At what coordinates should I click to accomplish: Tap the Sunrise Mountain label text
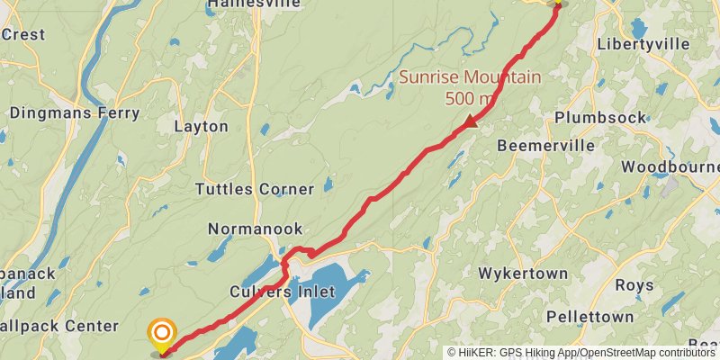click(x=470, y=76)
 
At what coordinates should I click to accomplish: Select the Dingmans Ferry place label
click(x=75, y=113)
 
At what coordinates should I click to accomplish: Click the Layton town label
click(x=201, y=127)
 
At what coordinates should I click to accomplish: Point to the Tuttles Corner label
click(x=255, y=189)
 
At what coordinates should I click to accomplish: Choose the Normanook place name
click(x=256, y=229)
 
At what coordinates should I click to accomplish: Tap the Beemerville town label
click(x=545, y=145)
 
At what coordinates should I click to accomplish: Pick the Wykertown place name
click(x=523, y=274)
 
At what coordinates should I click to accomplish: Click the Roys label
click(x=634, y=285)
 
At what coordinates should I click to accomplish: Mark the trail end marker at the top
click(x=557, y=4)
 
